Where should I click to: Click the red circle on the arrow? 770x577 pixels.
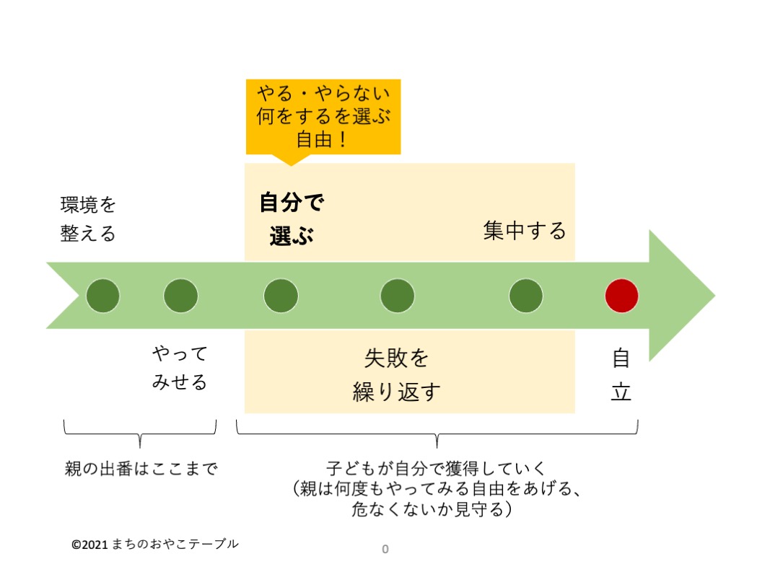(621, 296)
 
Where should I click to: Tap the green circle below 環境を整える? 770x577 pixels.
(103, 296)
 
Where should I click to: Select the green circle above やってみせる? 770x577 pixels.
(180, 296)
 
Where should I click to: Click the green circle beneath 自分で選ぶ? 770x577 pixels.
(281, 296)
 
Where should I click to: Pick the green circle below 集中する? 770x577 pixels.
(525, 296)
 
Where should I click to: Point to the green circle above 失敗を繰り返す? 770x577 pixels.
(398, 296)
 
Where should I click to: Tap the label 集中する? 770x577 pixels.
(525, 231)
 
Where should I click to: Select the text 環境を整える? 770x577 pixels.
(88, 219)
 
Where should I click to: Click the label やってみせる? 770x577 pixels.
(180, 367)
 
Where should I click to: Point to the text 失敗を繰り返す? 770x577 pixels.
(397, 375)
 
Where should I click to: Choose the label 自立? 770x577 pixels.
(621, 375)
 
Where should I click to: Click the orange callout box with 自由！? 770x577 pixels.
(323, 116)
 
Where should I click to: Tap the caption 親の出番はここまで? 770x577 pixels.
(141, 469)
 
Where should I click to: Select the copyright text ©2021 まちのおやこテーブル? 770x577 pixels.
(154, 544)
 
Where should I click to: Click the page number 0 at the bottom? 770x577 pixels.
(385, 550)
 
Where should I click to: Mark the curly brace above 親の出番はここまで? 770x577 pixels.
(140, 431)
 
